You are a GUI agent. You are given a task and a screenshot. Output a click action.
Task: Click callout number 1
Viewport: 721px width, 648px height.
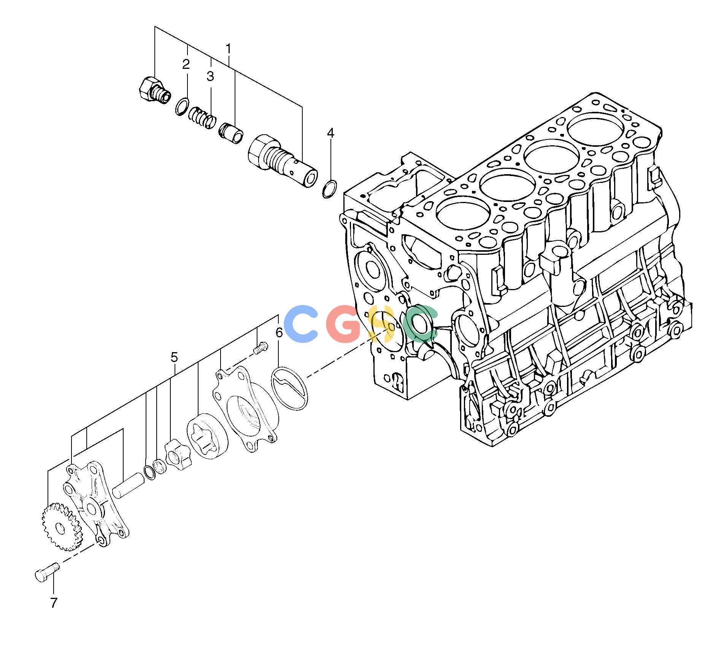point(229,49)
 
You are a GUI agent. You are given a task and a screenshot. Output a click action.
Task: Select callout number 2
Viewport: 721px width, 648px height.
point(186,64)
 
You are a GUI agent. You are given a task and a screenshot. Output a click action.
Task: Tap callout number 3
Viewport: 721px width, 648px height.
point(210,76)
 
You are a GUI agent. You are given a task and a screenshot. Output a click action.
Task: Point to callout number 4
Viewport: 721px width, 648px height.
point(330,133)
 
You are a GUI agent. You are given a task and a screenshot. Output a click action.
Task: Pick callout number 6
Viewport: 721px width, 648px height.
point(279,333)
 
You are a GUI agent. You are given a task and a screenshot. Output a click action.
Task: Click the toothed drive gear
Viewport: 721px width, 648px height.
point(61,527)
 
